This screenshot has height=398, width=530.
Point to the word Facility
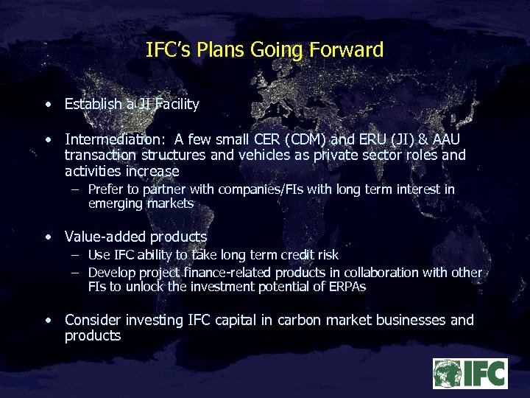point(177,104)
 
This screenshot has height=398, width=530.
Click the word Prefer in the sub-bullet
point(105,189)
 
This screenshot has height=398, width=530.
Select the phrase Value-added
point(105,237)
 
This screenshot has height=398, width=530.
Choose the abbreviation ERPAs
point(347,287)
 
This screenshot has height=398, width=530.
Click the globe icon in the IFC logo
point(447,373)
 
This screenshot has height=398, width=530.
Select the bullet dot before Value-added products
point(48,237)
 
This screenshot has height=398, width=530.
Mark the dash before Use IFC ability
point(75,255)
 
